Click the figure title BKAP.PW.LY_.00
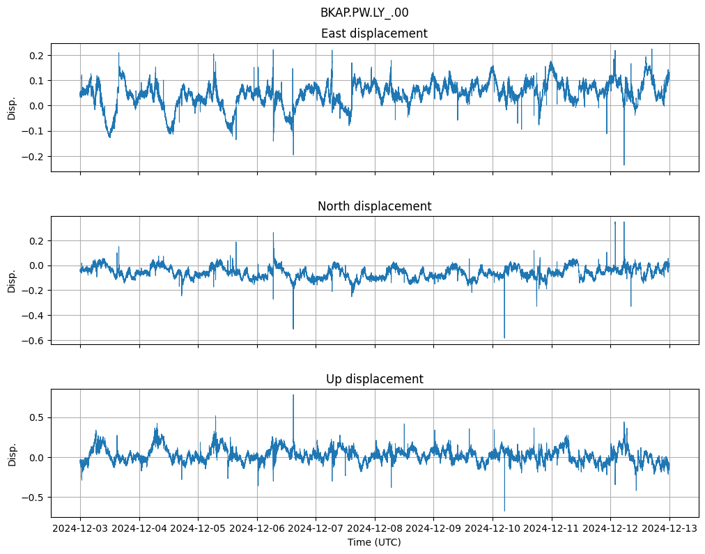tap(364, 13)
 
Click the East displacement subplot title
tap(374, 33)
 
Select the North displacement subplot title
tap(374, 206)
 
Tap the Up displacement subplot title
tap(374, 379)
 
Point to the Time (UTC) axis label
tap(374, 542)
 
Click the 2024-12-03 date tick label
tap(80, 529)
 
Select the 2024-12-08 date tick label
tap(375, 529)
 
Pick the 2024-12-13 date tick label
tap(669, 529)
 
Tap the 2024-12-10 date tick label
tap(493, 529)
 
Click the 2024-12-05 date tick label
tap(198, 529)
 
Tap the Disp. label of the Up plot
tap(12, 453)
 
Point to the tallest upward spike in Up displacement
tap(293, 396)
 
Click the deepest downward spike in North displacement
tap(504, 337)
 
